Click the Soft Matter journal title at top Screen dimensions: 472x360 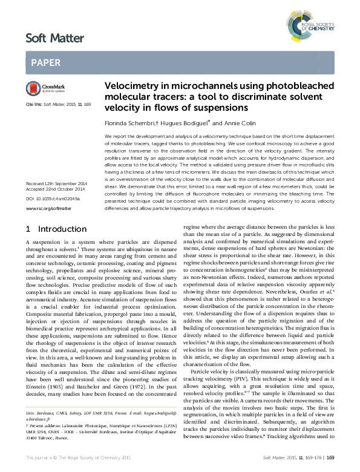click(x=54, y=39)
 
